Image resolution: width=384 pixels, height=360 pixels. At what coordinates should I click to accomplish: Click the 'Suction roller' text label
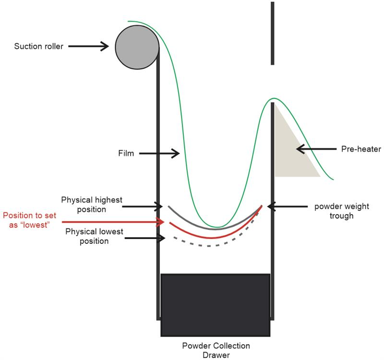click(x=39, y=47)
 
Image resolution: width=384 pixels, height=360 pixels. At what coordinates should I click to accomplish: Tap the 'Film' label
click(x=126, y=154)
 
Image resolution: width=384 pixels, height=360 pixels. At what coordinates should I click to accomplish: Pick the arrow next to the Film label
click(x=161, y=154)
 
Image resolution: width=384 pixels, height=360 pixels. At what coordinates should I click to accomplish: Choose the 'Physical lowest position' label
click(x=94, y=236)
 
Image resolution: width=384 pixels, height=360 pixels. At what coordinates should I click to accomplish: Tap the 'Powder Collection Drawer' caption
click(x=216, y=350)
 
